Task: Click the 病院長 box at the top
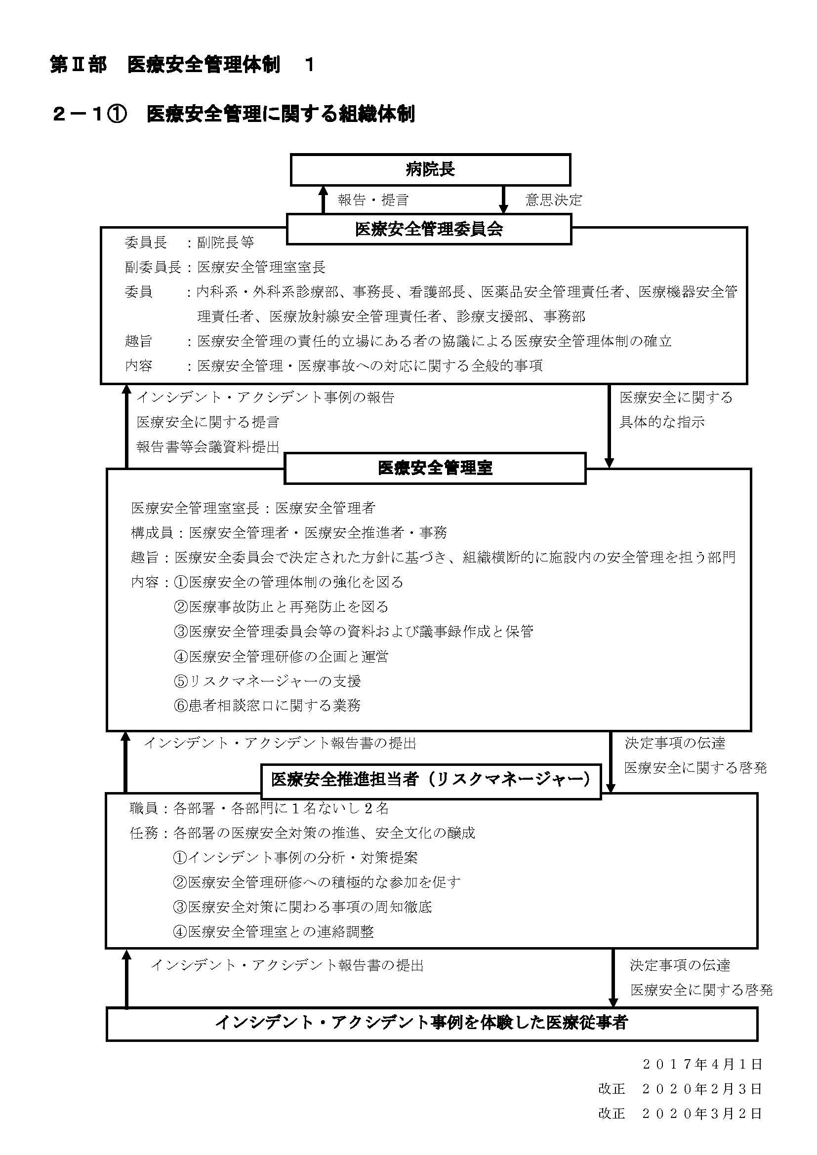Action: click(430, 169)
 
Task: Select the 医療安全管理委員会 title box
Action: click(429, 230)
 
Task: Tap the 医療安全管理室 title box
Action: click(435, 468)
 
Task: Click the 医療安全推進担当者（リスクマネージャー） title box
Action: click(431, 781)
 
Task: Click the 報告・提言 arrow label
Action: click(373, 200)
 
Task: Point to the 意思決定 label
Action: click(553, 200)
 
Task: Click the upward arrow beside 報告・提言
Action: click(324, 199)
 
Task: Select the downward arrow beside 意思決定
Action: click(503, 199)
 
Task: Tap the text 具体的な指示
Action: click(661, 422)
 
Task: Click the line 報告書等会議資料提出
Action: click(208, 447)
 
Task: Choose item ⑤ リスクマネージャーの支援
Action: click(267, 681)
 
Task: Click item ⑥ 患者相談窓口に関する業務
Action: click(267, 706)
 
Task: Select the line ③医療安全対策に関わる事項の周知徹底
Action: click(302, 907)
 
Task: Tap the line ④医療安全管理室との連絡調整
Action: click(273, 932)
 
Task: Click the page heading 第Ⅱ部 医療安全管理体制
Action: click(165, 65)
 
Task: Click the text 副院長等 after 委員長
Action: click(225, 242)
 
